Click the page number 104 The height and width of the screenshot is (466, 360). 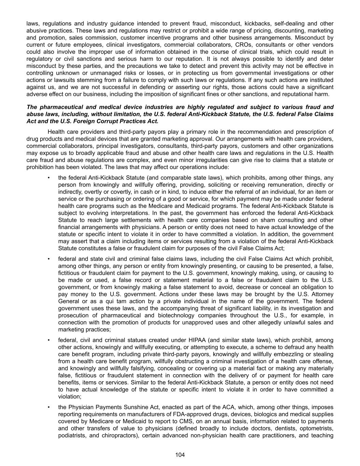click(x=180, y=455)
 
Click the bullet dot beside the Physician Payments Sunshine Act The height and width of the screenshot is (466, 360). click(x=49, y=407)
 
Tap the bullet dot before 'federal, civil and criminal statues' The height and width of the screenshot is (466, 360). click(x=49, y=340)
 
